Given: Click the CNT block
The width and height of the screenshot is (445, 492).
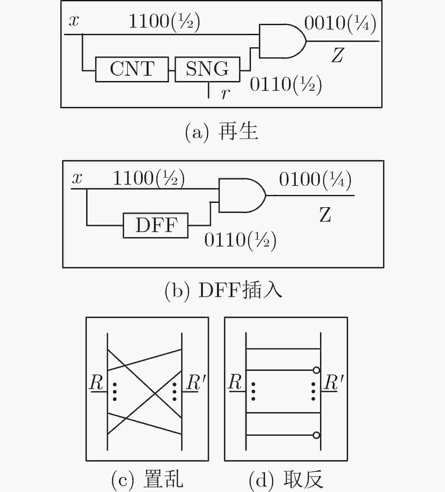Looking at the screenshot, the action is point(132,69).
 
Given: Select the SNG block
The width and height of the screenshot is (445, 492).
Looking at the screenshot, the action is point(208,69).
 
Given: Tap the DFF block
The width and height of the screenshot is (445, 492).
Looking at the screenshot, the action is point(156,225).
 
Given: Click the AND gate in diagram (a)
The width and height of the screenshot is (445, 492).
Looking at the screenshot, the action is point(283,41).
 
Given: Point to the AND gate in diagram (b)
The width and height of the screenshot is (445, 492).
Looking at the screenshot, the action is point(242,195).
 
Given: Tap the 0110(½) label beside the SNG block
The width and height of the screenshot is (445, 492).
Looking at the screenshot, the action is point(286,85).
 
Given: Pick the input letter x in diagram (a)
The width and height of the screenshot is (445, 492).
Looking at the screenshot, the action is point(74,21).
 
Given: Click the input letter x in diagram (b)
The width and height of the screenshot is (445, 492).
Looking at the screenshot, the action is point(77,179).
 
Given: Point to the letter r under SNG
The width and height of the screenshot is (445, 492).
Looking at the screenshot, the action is point(225,93).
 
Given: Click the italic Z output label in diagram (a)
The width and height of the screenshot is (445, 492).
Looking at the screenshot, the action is point(337,55).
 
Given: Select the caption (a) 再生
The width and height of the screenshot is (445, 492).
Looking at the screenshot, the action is point(221,132).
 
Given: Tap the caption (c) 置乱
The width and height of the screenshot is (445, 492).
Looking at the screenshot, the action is point(147,479).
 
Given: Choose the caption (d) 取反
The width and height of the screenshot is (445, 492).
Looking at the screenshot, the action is point(286,479).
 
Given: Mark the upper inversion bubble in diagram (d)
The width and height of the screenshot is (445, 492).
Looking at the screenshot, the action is point(317,370).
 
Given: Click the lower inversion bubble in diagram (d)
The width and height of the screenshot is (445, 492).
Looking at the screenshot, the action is point(317,435).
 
